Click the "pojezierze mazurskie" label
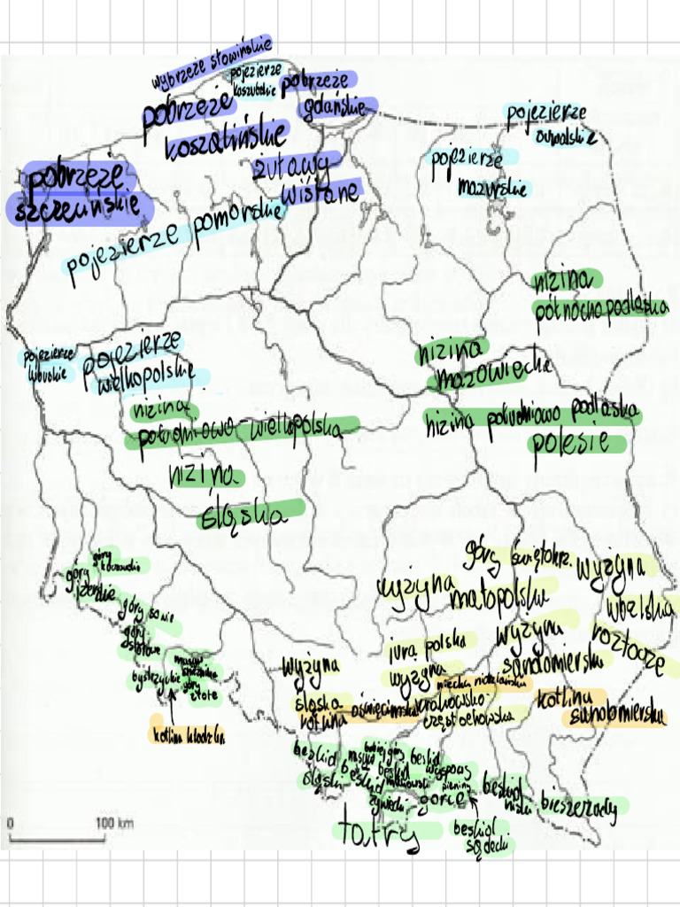tap(478, 173)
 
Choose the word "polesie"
tap(576, 440)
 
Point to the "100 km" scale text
tap(114, 824)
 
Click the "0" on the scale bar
tap(11, 824)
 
